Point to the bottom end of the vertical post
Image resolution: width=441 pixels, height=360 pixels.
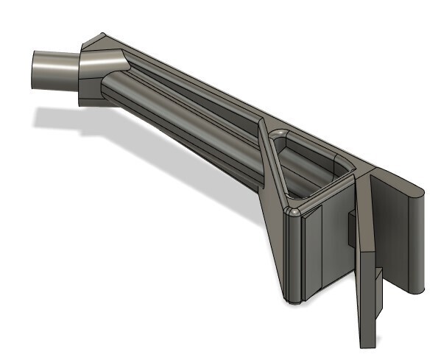(294, 300)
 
